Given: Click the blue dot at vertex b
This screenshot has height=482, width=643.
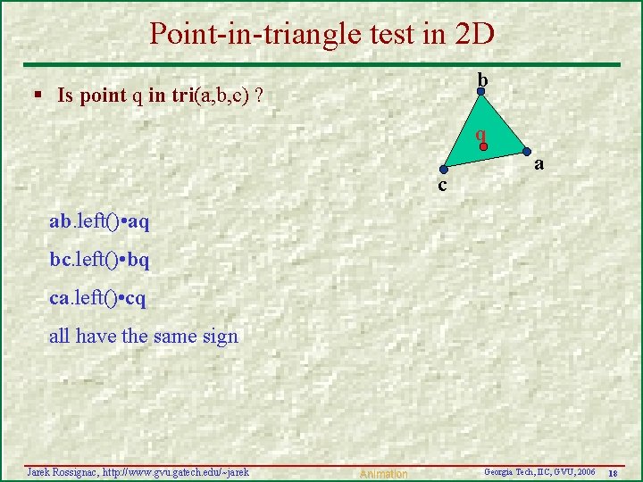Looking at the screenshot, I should point(480,91).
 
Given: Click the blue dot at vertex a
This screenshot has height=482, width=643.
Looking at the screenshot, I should point(526,151).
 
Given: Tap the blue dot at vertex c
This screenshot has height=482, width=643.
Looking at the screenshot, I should point(443,169).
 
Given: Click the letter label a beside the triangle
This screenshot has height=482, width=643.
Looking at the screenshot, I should point(539,164).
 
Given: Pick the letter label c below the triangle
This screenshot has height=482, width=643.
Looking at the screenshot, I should point(442,186).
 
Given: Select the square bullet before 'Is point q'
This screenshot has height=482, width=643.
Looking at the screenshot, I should point(38,95).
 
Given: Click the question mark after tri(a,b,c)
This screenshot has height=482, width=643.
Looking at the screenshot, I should point(258,95).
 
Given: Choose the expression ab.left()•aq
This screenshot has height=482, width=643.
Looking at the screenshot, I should point(99,221).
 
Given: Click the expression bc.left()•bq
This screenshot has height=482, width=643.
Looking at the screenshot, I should point(99,260).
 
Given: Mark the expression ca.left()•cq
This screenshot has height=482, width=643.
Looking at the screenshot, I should point(98,298).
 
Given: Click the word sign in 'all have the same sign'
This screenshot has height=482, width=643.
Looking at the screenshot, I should point(221,337).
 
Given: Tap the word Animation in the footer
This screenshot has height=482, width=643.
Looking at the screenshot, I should point(382,474).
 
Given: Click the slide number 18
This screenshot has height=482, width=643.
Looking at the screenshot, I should point(614,472).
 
